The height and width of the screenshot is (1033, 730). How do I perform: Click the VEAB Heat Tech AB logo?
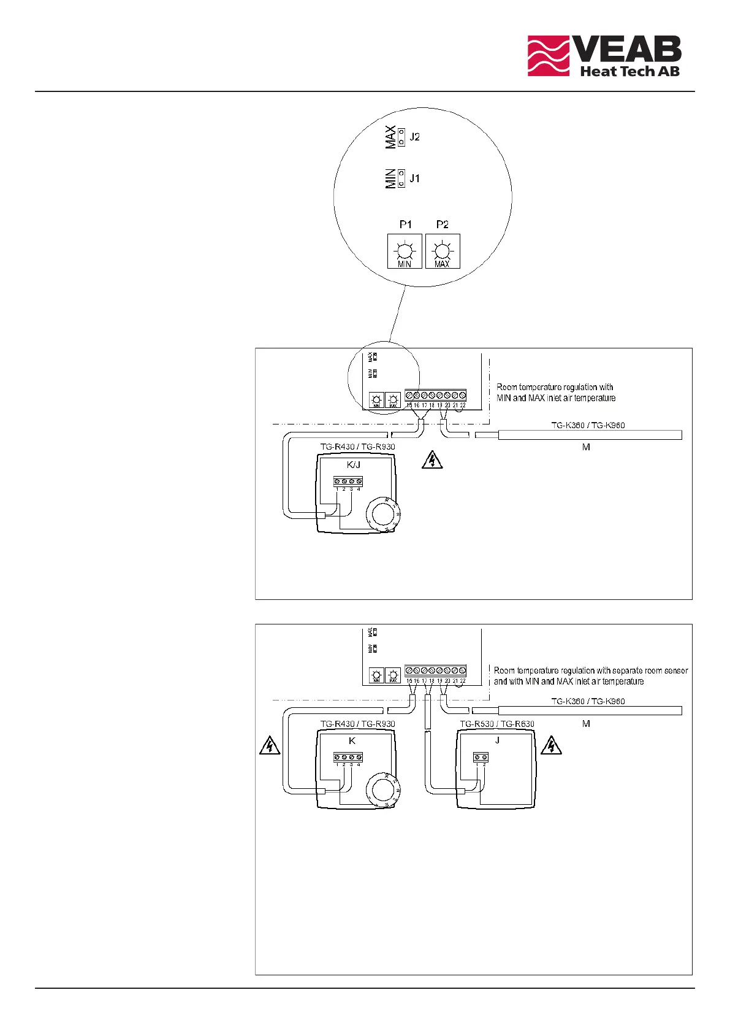604,56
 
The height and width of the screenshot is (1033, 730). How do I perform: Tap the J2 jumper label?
415,137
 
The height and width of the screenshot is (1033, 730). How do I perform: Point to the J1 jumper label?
415,179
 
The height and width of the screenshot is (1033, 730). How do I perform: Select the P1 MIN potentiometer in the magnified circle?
405,252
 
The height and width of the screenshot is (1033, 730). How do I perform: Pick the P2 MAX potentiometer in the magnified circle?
442,252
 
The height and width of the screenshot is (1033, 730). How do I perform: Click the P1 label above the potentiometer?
406,225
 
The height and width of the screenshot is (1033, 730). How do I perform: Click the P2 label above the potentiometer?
442,225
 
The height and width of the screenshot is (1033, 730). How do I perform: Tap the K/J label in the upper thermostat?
353,465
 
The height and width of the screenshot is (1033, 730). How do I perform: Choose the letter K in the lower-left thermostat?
352,741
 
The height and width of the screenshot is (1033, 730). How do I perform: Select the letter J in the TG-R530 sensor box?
497,740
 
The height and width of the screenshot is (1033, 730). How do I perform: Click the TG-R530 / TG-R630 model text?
497,724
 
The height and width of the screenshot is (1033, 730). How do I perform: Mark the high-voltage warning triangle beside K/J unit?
433,460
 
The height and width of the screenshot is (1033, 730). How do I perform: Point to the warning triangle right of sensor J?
552,745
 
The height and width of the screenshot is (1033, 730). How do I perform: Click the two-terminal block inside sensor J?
481,758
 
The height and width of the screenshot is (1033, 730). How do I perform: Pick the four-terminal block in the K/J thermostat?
348,482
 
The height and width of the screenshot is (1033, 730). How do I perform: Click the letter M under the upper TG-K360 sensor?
586,448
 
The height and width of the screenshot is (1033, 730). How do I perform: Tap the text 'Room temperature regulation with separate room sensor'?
591,670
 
